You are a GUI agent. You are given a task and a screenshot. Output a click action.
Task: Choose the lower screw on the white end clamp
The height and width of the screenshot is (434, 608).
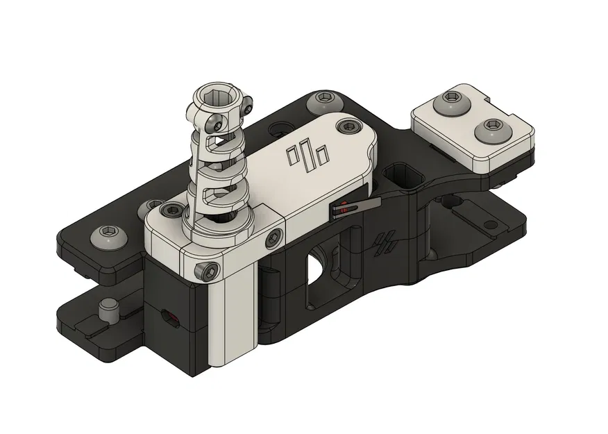(494, 126)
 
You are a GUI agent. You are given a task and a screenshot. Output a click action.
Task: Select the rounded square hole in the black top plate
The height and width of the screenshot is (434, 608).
(403, 176)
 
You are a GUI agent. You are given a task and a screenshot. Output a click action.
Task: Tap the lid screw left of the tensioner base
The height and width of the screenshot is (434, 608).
(168, 209)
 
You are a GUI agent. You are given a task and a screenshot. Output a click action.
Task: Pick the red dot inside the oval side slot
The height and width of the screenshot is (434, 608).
(172, 319)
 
